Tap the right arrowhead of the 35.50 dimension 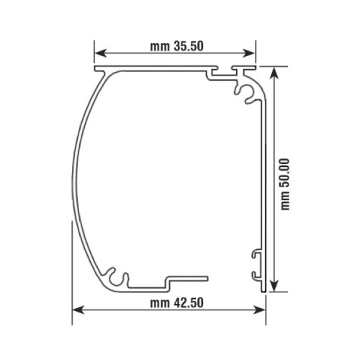point(251,53)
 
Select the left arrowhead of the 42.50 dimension point(77,310)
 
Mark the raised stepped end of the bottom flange point(187,276)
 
